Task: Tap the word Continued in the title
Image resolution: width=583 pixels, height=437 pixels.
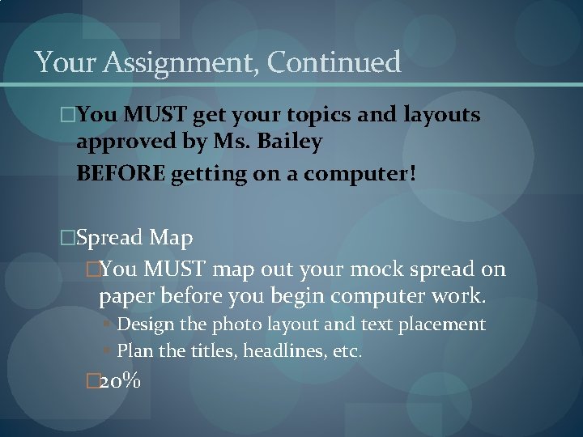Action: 334,62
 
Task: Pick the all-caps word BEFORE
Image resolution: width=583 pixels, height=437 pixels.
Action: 121,172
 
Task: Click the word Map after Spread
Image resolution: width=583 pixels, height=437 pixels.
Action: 172,238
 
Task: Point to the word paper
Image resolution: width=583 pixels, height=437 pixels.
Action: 126,297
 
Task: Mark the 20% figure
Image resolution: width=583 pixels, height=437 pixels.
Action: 119,380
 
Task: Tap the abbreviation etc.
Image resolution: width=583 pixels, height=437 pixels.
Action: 347,351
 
